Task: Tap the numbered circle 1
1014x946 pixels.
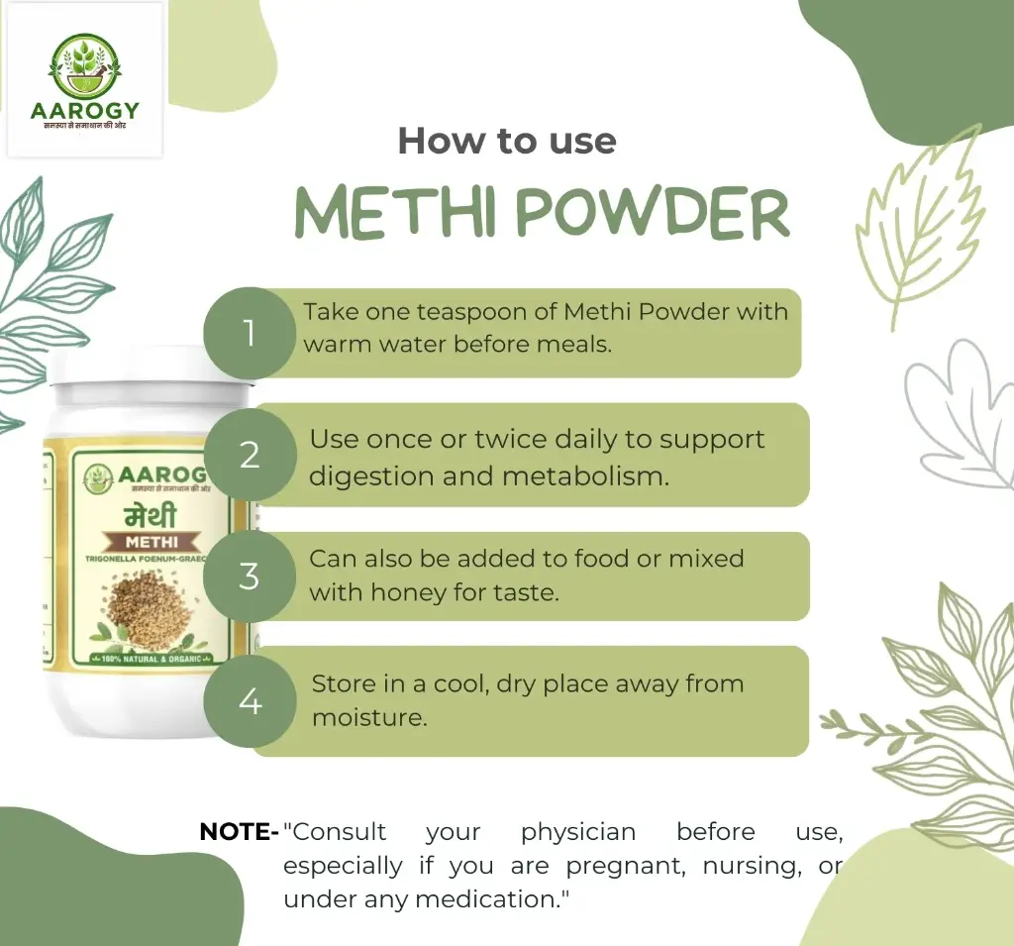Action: click(x=250, y=333)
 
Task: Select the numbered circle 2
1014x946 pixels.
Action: click(x=250, y=456)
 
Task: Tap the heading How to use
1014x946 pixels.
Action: click(x=507, y=141)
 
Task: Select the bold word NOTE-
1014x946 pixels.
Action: click(x=239, y=832)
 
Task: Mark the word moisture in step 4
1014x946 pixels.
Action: click(x=368, y=717)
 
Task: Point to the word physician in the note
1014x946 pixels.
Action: click(x=578, y=832)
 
